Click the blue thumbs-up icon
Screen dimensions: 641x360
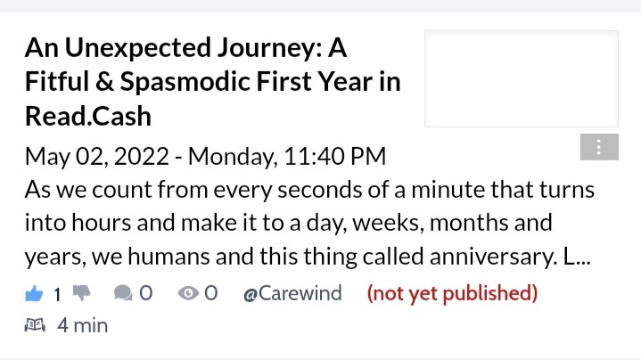click(x=34, y=293)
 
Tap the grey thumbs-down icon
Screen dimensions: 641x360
click(x=82, y=292)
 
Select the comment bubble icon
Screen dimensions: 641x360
click(x=123, y=293)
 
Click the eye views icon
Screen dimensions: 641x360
click(x=188, y=293)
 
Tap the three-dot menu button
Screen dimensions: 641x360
click(x=599, y=147)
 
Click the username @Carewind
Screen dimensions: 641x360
click(x=292, y=293)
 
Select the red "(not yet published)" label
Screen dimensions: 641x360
click(x=452, y=293)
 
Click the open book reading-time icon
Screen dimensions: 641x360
click(x=35, y=325)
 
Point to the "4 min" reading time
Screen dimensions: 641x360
click(x=82, y=325)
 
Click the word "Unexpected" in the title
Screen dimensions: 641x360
click(x=138, y=48)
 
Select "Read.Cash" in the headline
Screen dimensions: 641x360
click(x=88, y=116)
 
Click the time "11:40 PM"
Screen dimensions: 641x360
click(x=335, y=156)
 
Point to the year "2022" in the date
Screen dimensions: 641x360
click(x=142, y=156)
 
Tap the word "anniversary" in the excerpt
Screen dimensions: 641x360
click(x=493, y=257)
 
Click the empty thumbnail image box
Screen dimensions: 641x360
click(x=522, y=79)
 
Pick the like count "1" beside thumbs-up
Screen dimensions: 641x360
click(x=58, y=294)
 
